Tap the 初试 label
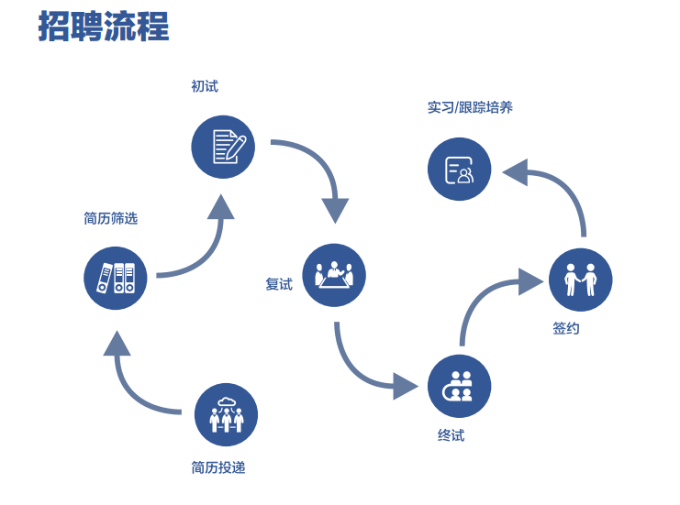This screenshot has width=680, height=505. pyautogui.click(x=205, y=86)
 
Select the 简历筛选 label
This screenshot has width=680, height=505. pyautogui.click(x=110, y=218)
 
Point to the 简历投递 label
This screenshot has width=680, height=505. pyautogui.click(x=218, y=467)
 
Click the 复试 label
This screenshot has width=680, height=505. pyautogui.click(x=279, y=284)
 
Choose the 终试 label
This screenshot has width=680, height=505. pyautogui.click(x=451, y=435)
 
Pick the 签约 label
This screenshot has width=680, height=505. pyautogui.click(x=566, y=328)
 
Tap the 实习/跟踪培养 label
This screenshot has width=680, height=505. pyautogui.click(x=470, y=107)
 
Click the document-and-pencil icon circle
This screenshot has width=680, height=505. pyautogui.click(x=222, y=147)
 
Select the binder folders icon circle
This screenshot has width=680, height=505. pyautogui.click(x=116, y=278)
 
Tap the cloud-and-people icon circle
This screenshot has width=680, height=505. pyautogui.click(x=226, y=414)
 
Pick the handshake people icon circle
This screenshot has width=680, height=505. pyautogui.click(x=580, y=280)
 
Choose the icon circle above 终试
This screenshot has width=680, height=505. pyautogui.click(x=459, y=386)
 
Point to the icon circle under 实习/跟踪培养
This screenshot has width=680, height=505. pyautogui.click(x=460, y=170)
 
